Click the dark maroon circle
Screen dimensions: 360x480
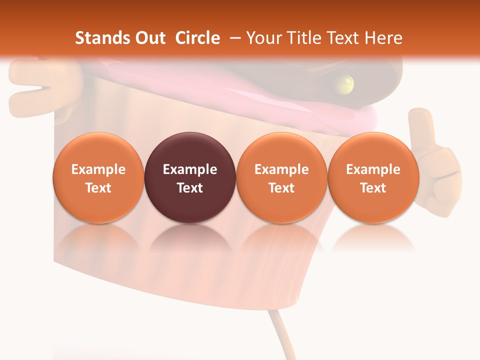coord(190,177)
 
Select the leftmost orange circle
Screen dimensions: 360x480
coord(98,177)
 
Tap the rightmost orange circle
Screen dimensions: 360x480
coord(373,177)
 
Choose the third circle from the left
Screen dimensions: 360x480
coord(281,177)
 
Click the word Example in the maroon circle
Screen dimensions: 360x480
coord(190,169)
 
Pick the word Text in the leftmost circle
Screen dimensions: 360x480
coord(98,188)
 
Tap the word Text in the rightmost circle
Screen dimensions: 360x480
coord(373,188)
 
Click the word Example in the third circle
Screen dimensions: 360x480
coord(281,169)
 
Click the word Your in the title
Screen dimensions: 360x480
coord(262,38)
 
